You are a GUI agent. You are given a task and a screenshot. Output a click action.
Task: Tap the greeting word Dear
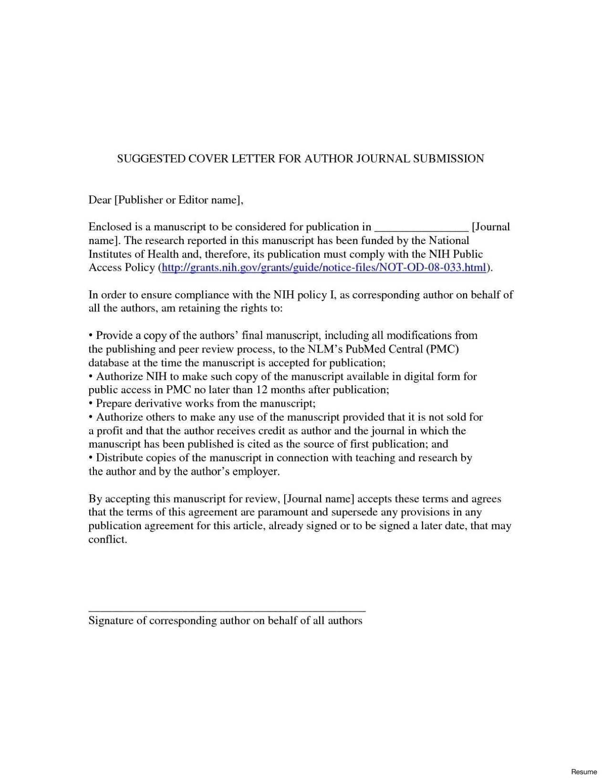[x=99, y=200]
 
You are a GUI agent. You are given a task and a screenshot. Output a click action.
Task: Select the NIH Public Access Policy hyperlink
[x=324, y=267]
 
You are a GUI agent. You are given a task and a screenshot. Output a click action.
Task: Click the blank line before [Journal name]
[x=421, y=227]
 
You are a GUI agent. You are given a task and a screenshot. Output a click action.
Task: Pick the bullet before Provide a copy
[x=91, y=336]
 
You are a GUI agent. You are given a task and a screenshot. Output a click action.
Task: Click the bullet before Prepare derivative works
[x=91, y=404]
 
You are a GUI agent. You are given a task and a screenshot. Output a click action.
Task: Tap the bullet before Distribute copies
[x=91, y=458]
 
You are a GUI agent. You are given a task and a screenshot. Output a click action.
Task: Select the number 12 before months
[x=262, y=390]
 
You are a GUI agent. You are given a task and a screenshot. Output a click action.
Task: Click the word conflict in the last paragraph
[x=107, y=540]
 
